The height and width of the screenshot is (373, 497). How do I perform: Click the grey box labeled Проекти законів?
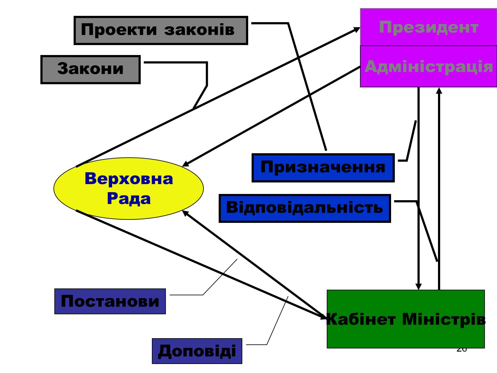click(x=161, y=30)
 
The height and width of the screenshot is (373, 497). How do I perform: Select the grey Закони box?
click(x=90, y=69)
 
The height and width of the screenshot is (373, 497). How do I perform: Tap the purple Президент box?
click(x=428, y=27)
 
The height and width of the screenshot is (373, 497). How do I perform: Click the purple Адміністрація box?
click(x=428, y=66)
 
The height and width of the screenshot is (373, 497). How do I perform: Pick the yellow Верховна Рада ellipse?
click(x=129, y=188)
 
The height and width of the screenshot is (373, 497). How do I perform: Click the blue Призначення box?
click(x=323, y=168)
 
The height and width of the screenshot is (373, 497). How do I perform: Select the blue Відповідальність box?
click(x=305, y=208)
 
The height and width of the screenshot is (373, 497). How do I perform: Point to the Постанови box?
click(x=110, y=301)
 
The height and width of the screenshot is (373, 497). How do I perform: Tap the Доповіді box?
click(x=197, y=351)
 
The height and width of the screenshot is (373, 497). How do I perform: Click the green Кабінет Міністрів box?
click(x=406, y=319)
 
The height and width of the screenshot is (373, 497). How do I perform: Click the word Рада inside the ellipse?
click(x=129, y=199)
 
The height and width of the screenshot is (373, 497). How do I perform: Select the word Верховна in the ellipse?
click(x=129, y=179)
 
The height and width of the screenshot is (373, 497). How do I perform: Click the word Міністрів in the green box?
click(x=444, y=320)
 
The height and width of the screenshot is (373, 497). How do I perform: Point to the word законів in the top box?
click(x=199, y=30)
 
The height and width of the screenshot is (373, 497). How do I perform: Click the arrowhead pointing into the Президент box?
click(x=357, y=29)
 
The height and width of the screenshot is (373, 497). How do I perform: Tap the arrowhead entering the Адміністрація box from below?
click(x=439, y=90)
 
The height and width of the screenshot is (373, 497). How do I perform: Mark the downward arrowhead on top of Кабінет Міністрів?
click(x=418, y=287)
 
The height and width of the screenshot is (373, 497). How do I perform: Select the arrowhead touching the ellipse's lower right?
click(x=185, y=213)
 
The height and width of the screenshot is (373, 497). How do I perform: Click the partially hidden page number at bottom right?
click(x=462, y=350)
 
